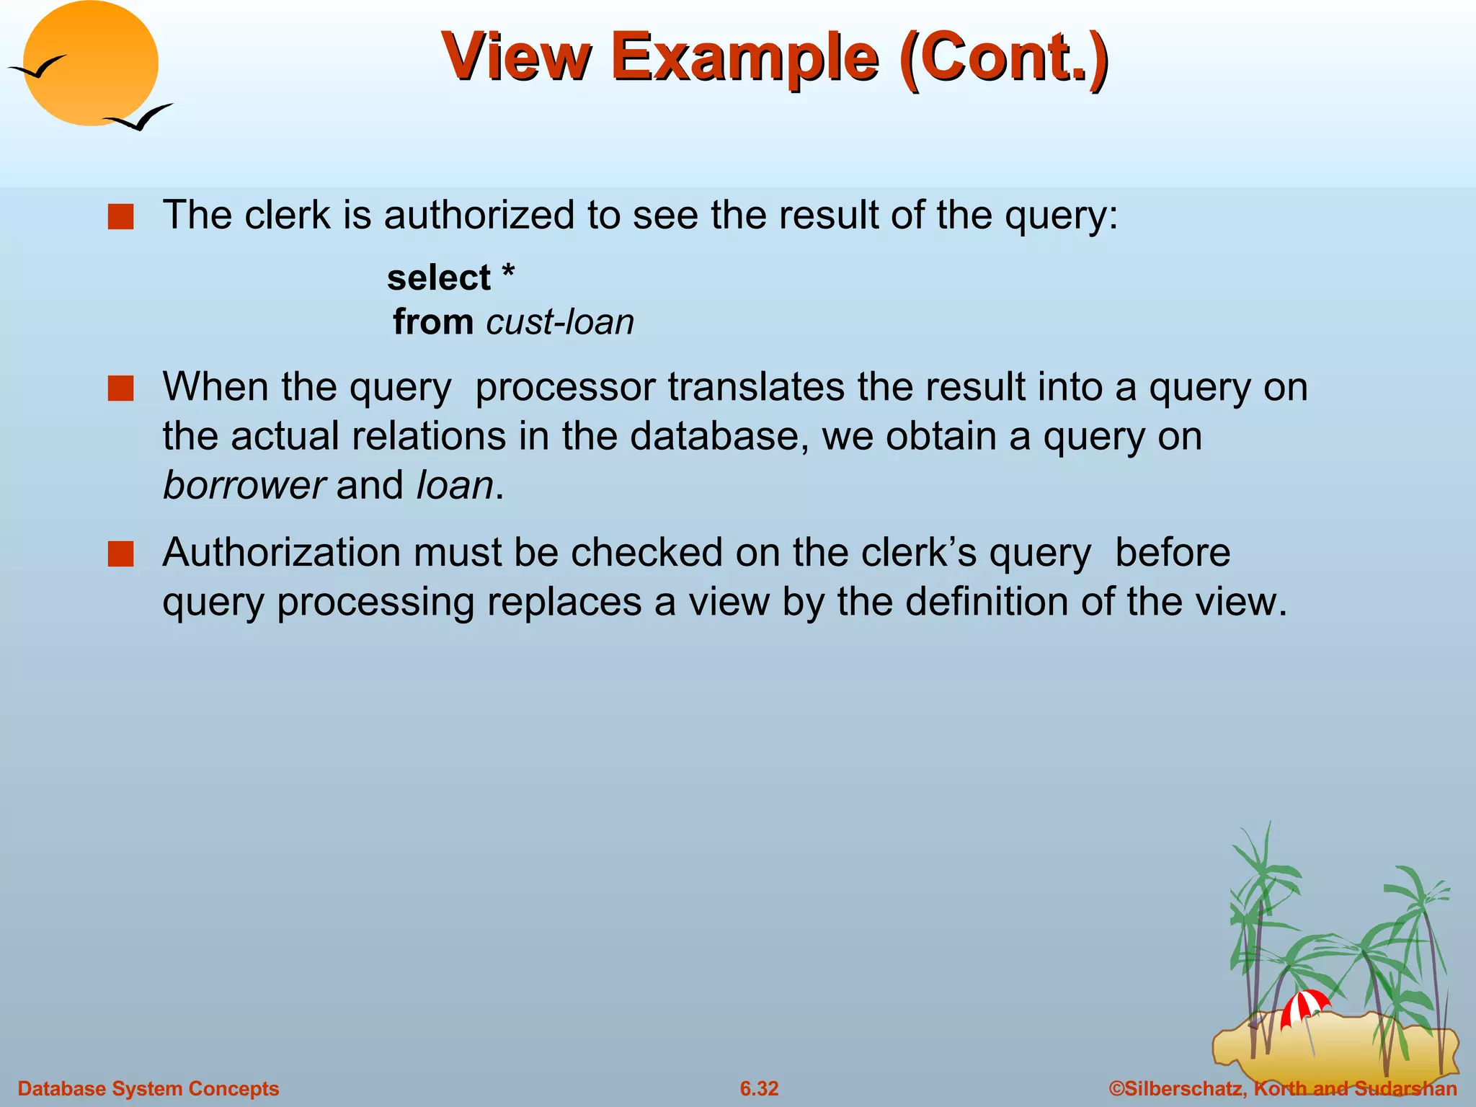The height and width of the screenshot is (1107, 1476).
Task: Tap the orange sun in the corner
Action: [x=92, y=63]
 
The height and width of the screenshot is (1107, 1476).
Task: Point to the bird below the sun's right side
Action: [x=138, y=117]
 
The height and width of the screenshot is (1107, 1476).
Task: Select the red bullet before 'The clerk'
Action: [x=120, y=216]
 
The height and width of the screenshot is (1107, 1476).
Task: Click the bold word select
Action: [x=438, y=278]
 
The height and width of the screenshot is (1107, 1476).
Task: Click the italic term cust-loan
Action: [x=560, y=322]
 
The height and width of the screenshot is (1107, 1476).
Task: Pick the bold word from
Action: [x=433, y=322]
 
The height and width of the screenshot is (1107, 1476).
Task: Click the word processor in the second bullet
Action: [x=565, y=387]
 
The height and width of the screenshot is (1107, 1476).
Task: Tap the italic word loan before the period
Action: [x=455, y=485]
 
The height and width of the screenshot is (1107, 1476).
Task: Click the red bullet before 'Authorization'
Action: [x=120, y=554]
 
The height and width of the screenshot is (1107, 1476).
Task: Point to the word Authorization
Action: [x=281, y=553]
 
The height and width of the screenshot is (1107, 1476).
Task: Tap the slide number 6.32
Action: [x=759, y=1088]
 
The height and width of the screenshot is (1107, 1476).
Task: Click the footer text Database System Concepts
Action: [x=148, y=1088]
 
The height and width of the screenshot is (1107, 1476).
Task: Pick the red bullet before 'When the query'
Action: [x=120, y=388]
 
